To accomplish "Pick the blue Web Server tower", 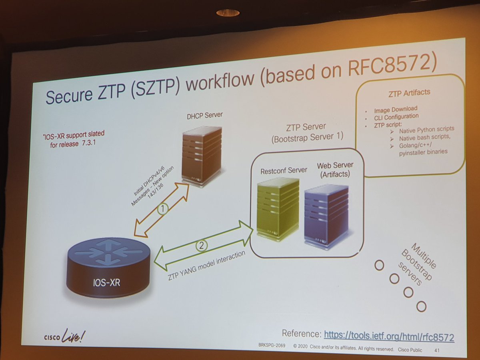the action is (326, 216).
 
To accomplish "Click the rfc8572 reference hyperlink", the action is (389, 336).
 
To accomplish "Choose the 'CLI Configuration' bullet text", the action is (396, 116).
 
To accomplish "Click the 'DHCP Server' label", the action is (204, 115).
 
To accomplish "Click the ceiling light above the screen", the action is (228, 13).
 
